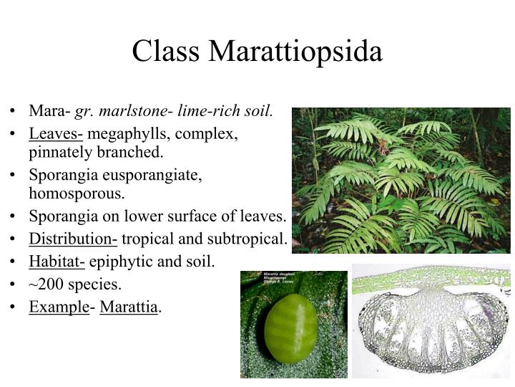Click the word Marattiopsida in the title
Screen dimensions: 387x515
tap(295, 52)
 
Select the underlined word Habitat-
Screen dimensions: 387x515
tap(57, 261)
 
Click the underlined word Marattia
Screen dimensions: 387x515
tap(129, 307)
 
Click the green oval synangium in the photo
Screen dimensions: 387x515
tap(290, 328)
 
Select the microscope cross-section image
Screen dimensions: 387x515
tap(431, 320)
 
